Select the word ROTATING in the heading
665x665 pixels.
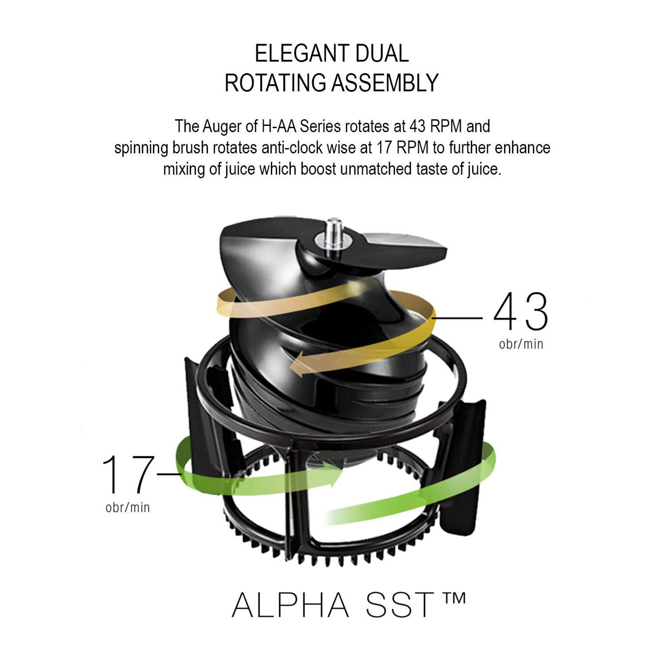click(x=275, y=83)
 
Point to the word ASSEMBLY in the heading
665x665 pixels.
click(x=385, y=83)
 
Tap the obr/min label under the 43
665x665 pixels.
click(x=521, y=344)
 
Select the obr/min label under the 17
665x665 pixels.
click(x=128, y=507)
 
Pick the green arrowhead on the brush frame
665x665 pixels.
click(x=335, y=474)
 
